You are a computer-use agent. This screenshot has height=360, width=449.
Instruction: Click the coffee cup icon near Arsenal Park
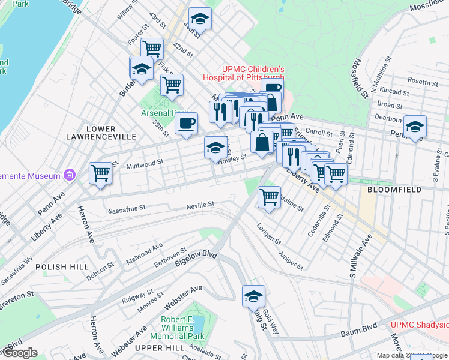point(185,124)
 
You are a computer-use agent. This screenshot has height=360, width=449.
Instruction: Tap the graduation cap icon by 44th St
point(200,19)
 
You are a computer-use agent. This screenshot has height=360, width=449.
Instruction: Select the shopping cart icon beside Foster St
point(152,47)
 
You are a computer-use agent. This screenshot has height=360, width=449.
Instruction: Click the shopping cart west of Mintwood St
point(100,173)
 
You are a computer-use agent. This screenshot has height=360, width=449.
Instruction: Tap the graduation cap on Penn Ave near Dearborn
point(414,127)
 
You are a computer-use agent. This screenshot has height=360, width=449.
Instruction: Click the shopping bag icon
point(262,143)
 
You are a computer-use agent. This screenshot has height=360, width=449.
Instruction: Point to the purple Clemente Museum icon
point(70,175)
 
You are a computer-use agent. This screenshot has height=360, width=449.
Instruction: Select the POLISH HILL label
point(62,266)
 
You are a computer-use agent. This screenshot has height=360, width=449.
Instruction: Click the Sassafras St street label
point(127,209)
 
